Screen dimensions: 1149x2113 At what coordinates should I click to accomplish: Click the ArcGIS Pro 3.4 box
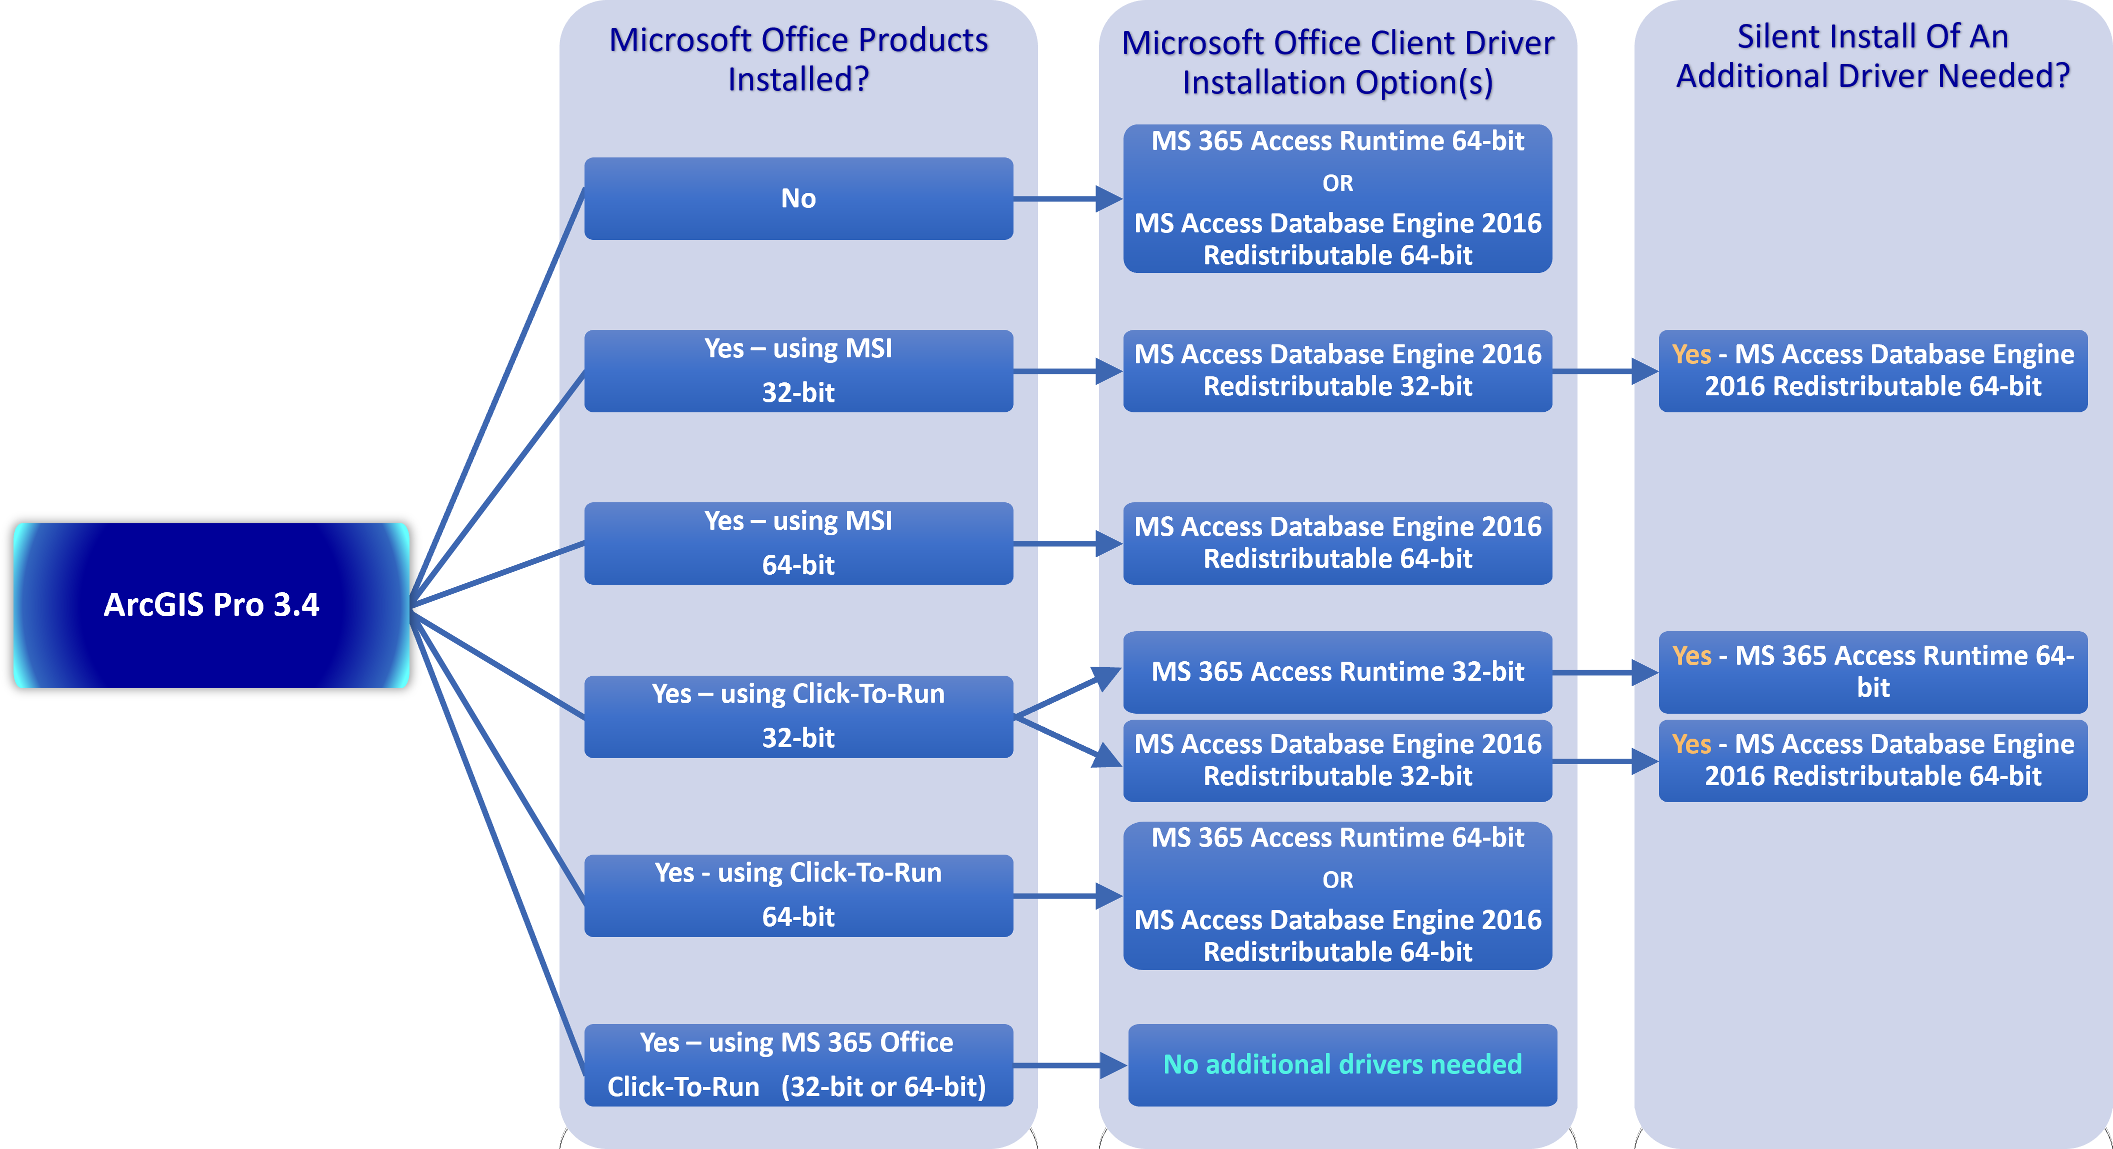(211, 605)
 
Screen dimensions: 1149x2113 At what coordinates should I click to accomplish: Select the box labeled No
(798, 198)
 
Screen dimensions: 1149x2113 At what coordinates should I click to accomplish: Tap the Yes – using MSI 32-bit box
(798, 371)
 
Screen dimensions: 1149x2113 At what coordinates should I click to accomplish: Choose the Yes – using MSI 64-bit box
(798, 543)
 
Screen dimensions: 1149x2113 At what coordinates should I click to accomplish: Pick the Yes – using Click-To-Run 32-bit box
(798, 716)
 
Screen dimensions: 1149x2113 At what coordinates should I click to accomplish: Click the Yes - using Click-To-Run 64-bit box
(798, 895)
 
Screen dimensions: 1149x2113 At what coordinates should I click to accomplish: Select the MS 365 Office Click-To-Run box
(798, 1065)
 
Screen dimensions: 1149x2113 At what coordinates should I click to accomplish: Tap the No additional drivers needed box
(1342, 1065)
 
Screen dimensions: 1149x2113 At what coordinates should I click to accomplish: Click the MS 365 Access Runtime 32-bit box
(1337, 672)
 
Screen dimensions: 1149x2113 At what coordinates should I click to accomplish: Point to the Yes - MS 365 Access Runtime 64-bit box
(1872, 672)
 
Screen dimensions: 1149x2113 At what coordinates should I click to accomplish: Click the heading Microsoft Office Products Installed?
(798, 59)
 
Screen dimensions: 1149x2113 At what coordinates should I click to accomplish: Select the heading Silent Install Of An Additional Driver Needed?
(1872, 56)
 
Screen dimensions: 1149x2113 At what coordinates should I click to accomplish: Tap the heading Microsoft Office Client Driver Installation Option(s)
(1337, 62)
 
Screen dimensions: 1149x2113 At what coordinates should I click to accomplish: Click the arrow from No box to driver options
(1066, 198)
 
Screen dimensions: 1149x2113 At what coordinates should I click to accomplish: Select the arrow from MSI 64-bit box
(1066, 543)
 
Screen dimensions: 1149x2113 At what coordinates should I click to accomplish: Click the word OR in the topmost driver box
(1337, 183)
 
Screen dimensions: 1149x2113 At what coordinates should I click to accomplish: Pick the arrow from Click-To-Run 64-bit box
(1066, 896)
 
